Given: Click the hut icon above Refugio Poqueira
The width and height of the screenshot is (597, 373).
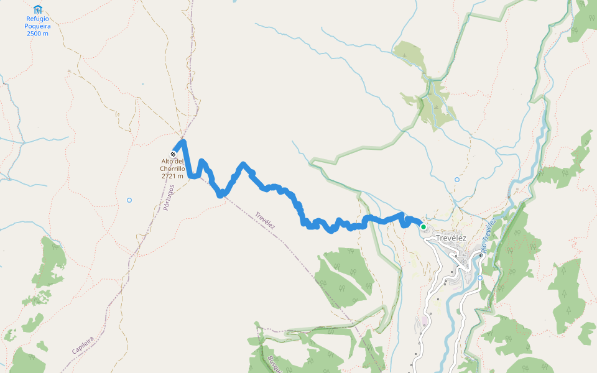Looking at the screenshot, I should point(38,9).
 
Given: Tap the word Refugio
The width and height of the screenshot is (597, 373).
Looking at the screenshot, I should point(38,19).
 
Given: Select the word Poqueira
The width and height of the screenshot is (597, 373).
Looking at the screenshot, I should point(37,26).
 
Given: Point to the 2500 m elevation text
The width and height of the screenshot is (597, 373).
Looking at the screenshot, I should point(37,33).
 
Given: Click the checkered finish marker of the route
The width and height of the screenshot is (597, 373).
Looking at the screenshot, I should point(173,154).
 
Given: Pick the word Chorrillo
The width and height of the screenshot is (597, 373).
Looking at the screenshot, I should point(172,168).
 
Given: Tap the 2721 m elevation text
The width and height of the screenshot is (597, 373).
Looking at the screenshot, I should point(172,176).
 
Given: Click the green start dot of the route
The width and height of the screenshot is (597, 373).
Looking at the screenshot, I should point(423,227).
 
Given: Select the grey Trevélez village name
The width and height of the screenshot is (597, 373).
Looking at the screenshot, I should point(450,238).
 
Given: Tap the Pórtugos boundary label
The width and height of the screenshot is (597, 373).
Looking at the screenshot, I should point(169,198).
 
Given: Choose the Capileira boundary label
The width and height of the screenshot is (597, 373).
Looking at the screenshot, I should point(83,345).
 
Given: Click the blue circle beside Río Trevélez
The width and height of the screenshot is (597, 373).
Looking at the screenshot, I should point(480,278).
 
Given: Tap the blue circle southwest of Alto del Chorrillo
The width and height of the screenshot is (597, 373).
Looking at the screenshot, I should point(129,200).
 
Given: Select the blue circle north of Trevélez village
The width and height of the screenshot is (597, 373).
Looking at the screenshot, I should point(457,180).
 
